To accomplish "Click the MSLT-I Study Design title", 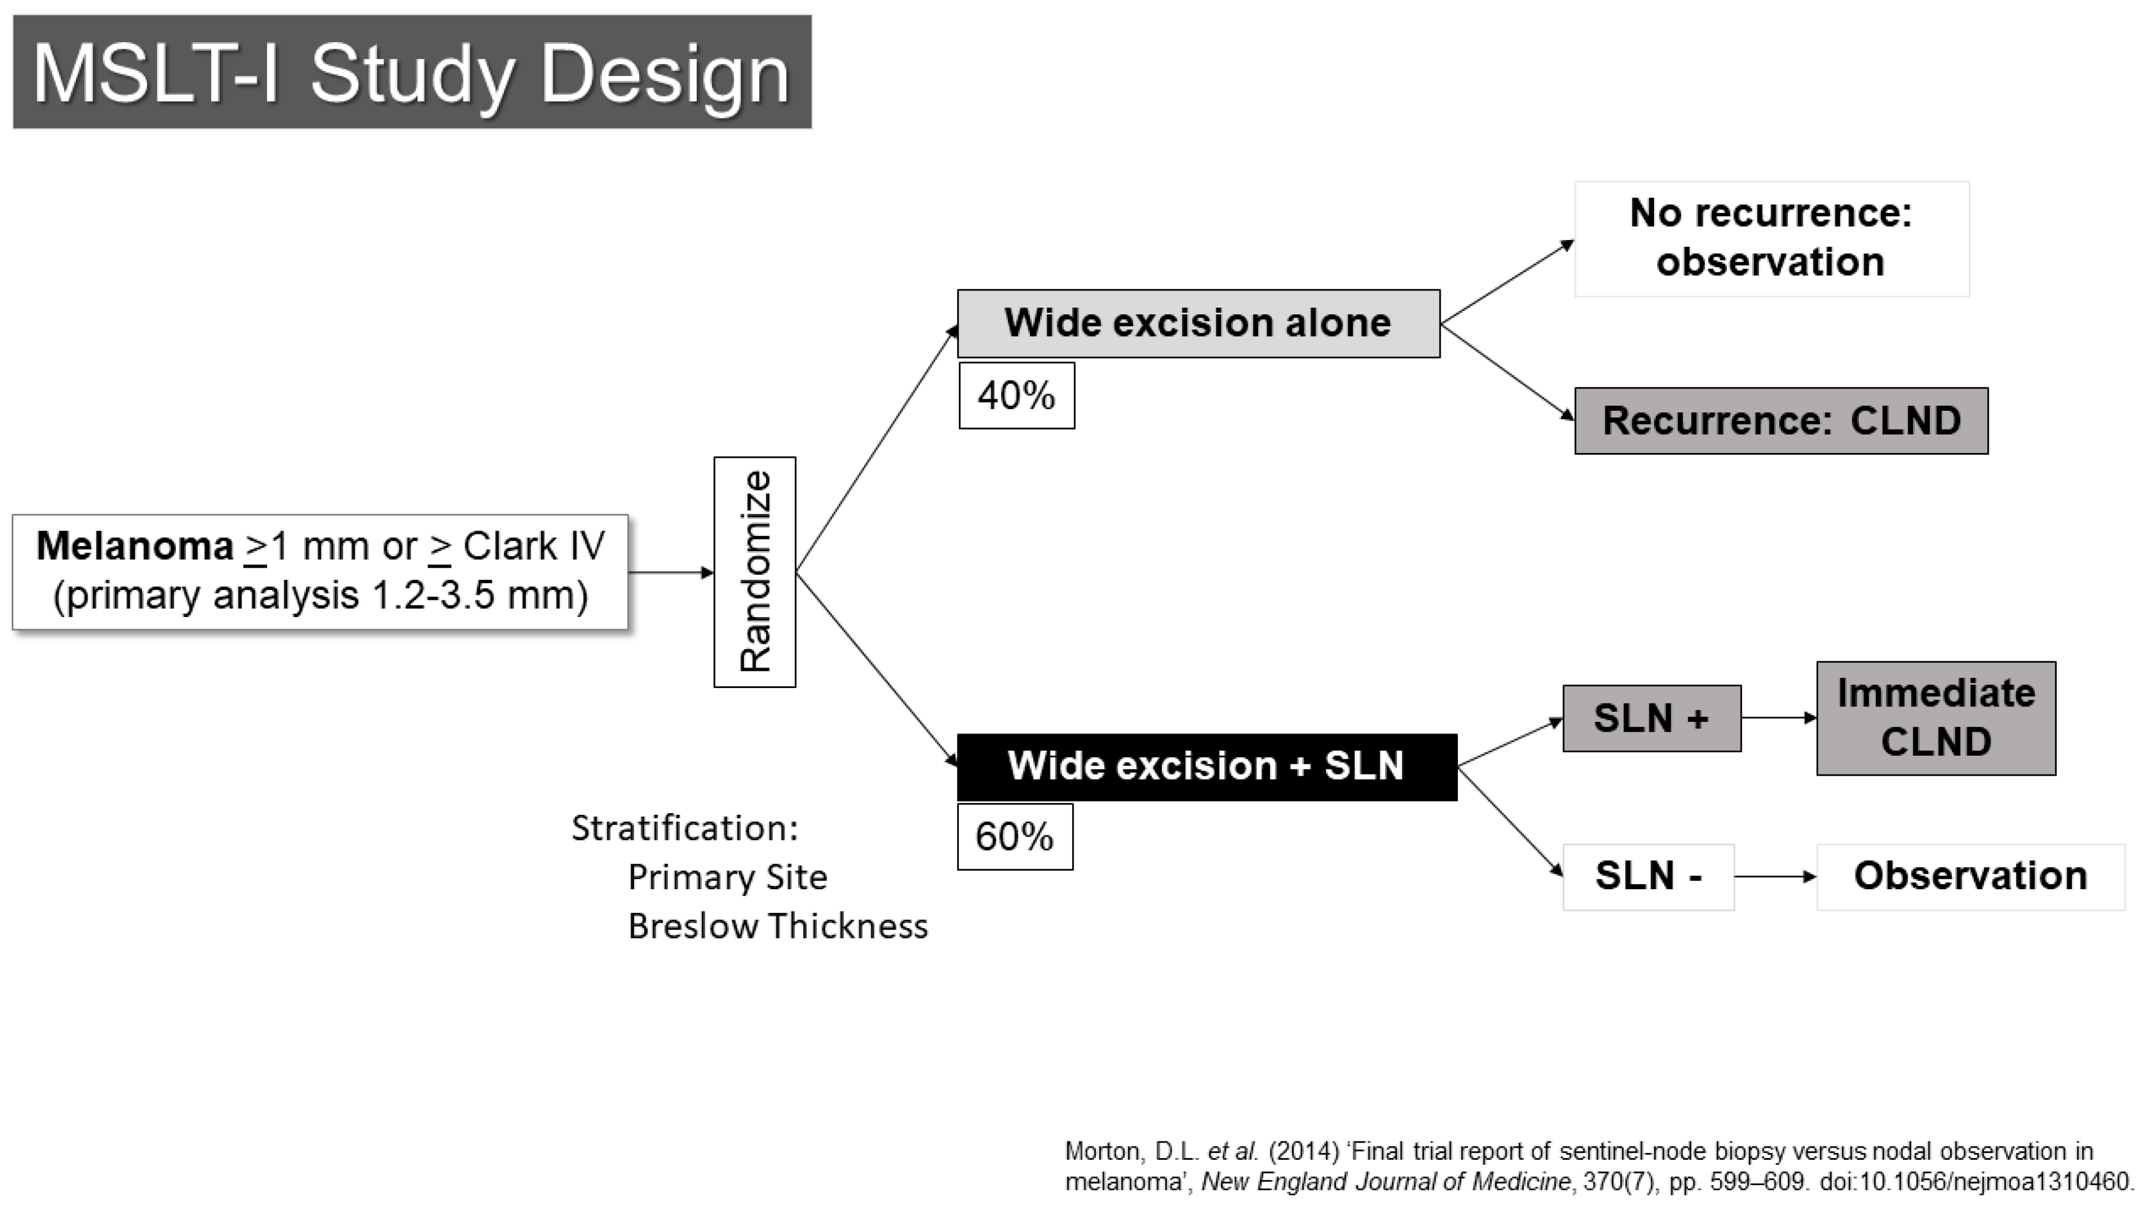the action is [412, 73].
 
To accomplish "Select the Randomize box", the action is [754, 572].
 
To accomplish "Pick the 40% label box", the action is [1017, 395].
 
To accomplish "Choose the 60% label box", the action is [1015, 836].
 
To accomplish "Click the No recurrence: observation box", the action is [1772, 239].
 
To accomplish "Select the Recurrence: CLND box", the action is [1781, 420].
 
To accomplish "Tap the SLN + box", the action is [1651, 718].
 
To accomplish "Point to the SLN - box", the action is [1648, 877].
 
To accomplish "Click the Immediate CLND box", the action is [1936, 718].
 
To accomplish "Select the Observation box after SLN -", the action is [1970, 877].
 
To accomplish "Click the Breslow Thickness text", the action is [778, 926].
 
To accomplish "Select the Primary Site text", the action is [728, 877].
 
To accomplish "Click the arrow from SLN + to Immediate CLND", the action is [1779, 717].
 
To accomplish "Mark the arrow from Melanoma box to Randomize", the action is [671, 572].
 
